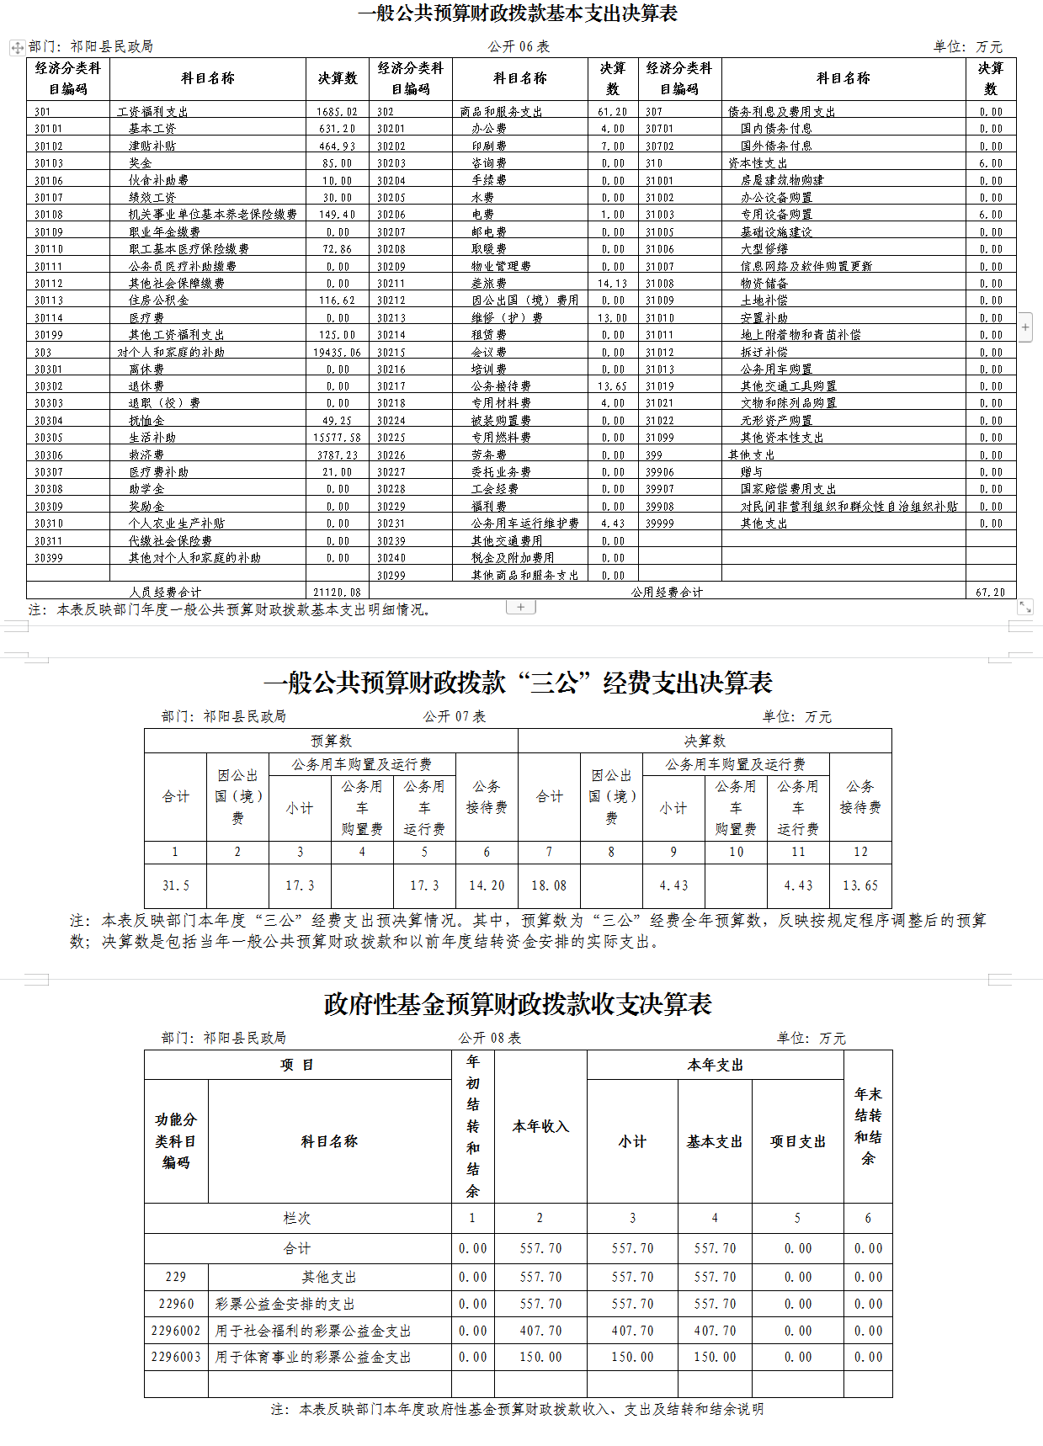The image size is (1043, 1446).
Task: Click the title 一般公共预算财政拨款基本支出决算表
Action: click(x=517, y=13)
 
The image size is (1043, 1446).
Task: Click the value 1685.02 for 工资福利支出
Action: click(x=337, y=112)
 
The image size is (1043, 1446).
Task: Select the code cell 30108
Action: click(x=49, y=215)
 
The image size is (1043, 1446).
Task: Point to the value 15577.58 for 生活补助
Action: click(x=337, y=438)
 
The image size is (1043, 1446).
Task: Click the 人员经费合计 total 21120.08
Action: click(x=337, y=593)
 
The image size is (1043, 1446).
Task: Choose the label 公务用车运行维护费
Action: click(x=525, y=524)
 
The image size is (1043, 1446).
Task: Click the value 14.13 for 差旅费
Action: click(x=612, y=284)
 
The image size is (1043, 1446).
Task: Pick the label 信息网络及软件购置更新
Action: click(x=806, y=266)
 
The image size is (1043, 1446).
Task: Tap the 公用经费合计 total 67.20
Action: click(x=990, y=593)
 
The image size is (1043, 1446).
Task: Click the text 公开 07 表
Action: click(x=455, y=716)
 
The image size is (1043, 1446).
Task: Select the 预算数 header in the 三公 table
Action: click(x=331, y=741)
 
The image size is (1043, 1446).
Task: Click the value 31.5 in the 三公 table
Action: click(x=175, y=885)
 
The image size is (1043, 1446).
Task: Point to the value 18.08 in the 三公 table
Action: click(x=549, y=885)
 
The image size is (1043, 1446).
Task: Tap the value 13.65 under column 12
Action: click(x=860, y=885)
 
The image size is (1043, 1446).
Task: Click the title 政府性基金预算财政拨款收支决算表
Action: click(x=518, y=1004)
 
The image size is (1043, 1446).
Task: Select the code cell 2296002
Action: click(x=176, y=1331)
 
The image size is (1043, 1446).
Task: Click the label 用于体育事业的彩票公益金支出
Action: click(x=313, y=1357)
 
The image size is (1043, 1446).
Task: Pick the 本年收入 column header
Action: click(x=540, y=1126)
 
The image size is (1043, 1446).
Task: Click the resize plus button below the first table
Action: click(x=521, y=607)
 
